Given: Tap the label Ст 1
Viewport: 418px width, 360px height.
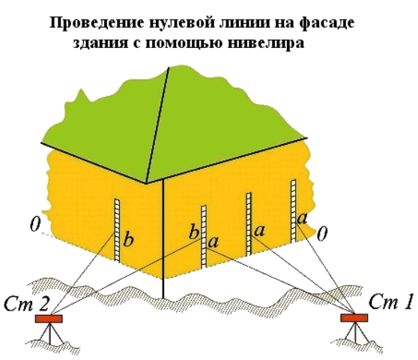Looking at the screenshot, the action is [391, 301].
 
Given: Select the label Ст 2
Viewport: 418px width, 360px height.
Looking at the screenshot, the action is [27, 304].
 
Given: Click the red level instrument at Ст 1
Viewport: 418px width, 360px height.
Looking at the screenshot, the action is [354, 317].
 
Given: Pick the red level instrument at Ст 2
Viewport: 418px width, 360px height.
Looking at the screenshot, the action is [49, 319].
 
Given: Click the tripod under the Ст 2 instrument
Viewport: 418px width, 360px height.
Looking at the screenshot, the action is [49, 334].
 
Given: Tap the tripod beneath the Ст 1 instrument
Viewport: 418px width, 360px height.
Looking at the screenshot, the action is [355, 332].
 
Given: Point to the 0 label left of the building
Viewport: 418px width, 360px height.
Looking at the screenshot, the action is [35, 224].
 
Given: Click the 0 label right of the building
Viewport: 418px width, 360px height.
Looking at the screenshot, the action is [322, 234].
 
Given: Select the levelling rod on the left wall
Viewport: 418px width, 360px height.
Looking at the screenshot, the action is [117, 230].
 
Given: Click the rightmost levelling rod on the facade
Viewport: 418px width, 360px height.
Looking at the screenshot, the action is [293, 211].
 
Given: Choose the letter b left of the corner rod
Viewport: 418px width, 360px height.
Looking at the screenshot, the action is [194, 232].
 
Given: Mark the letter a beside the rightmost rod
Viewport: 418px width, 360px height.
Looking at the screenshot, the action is [302, 219].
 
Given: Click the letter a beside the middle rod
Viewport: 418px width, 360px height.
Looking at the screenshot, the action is [259, 230].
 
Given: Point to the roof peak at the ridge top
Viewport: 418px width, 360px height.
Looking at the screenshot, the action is [169, 67].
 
